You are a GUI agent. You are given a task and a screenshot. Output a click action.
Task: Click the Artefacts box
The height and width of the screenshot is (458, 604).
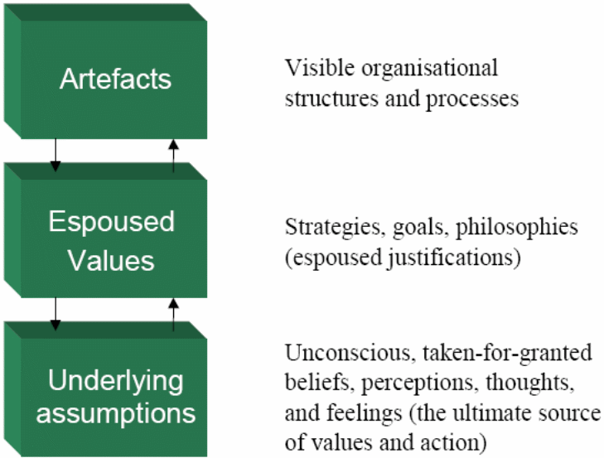point(115,80)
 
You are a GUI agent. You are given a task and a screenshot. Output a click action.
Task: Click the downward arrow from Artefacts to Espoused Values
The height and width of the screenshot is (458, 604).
point(55,153)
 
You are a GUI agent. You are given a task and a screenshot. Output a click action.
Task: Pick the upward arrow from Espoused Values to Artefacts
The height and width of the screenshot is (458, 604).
point(173,155)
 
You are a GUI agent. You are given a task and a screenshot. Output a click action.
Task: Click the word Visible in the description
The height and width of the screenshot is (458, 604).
point(312,67)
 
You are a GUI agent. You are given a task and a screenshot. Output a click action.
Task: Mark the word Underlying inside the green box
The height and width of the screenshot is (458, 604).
point(115,382)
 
